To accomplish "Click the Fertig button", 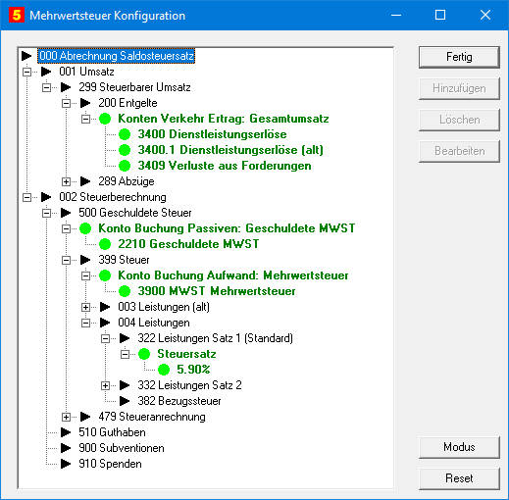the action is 459,57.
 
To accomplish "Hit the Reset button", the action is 459,478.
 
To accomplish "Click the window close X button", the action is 485,15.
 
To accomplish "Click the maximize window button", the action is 440,15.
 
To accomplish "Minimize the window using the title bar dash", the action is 396,16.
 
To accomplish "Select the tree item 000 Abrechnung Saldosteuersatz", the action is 117,56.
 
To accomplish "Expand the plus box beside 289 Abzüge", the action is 66,181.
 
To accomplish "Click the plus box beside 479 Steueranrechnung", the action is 66,417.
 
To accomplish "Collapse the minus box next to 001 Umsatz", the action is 26,72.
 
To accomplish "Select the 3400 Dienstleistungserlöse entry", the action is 212,134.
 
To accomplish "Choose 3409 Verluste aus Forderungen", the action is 225,166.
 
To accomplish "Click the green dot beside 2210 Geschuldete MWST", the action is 105,244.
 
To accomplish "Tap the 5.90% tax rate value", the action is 193,370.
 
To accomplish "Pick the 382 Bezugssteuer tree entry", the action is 179,401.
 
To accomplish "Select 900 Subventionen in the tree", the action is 122,448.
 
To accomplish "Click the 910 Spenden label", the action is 110,464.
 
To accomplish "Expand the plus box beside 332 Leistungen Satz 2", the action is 105,385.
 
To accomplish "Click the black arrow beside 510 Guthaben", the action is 66,432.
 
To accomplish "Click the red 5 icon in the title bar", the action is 17,15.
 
